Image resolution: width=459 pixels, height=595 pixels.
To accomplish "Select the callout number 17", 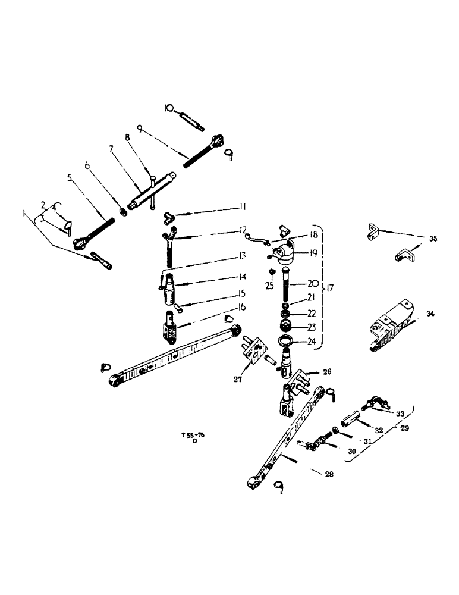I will pos(330,289).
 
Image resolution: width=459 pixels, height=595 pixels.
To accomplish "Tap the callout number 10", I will pos(169,108).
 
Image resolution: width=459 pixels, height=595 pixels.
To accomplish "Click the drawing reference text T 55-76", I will pos(192,436).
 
